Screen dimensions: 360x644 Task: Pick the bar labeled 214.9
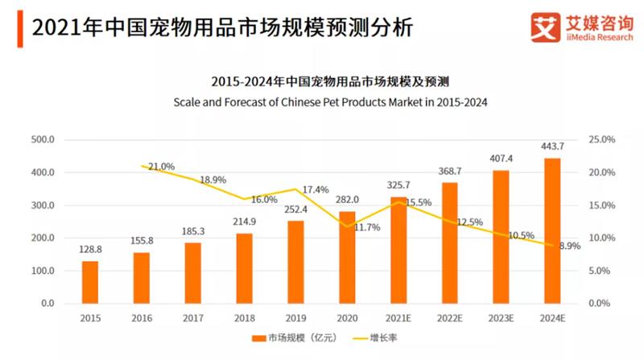(244, 268)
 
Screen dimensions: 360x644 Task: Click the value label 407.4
(502, 158)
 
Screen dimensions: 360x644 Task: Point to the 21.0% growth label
(161, 167)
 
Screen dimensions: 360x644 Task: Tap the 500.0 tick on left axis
(42, 140)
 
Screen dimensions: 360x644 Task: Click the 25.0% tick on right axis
(602, 140)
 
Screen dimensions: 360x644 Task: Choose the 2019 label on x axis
(295, 319)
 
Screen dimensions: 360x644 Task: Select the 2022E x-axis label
(449, 319)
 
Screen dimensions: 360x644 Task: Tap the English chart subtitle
(330, 102)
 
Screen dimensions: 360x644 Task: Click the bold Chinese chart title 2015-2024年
(330, 82)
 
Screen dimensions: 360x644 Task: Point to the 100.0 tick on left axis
(42, 271)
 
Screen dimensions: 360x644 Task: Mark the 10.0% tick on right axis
(602, 238)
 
